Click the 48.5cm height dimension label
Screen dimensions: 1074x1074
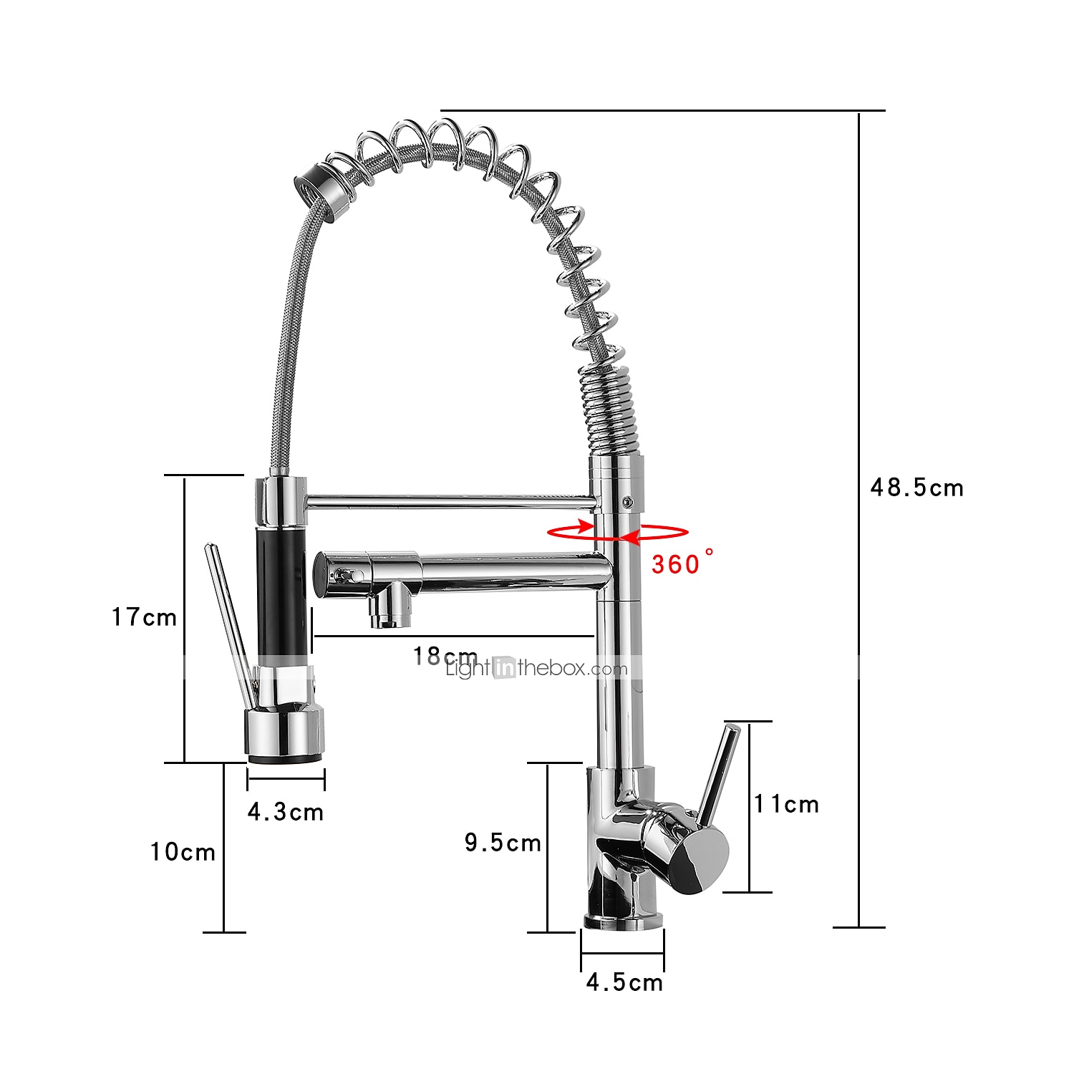[x=916, y=488]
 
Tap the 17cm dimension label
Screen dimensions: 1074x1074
[x=144, y=616]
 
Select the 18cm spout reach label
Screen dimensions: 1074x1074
[x=445, y=656]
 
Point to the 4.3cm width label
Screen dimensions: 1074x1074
[x=285, y=811]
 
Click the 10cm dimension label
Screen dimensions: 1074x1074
[x=183, y=851]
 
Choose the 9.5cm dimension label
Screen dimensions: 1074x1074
[x=503, y=842]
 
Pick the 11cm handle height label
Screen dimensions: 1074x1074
[x=786, y=804]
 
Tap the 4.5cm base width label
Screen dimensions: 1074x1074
[x=624, y=982]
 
